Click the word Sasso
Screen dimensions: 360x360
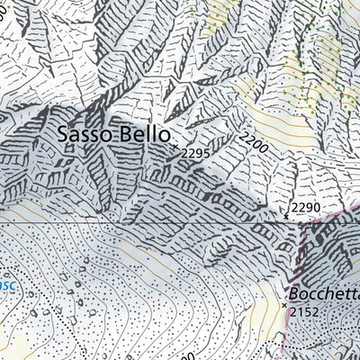pos(83,134)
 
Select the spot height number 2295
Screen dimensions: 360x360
pos(195,154)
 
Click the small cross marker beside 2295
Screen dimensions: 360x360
pos(174,146)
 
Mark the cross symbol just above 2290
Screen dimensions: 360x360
pos(286,216)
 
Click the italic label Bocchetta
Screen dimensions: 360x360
pos(323,294)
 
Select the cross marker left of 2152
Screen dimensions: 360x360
pos(285,306)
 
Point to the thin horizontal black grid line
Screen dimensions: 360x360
pos(135,221)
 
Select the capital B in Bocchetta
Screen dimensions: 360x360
pos(294,294)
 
